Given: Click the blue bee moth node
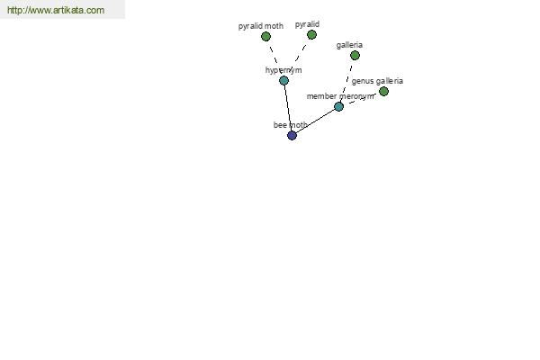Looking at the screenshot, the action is [292, 135].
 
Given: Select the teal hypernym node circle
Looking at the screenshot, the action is [283, 81].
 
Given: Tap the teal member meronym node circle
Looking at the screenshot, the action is [339, 107].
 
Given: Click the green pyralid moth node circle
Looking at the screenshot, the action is [265, 37].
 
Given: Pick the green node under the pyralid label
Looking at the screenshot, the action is [311, 35].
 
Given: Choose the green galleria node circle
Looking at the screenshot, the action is [355, 56].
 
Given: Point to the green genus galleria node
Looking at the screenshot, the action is [383, 91].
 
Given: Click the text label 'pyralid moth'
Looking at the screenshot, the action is [261, 26].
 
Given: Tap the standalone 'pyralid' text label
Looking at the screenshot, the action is [307, 24].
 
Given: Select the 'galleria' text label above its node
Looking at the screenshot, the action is [349, 45].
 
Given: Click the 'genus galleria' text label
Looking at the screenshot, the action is [377, 81].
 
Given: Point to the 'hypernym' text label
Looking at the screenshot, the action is [283, 70].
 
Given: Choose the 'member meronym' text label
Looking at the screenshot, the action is [340, 96].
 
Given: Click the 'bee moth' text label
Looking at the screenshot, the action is [291, 125].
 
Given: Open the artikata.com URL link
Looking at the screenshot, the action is [56, 10].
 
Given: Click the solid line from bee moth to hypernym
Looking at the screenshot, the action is [288, 108].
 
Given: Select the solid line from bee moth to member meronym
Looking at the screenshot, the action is [316, 121].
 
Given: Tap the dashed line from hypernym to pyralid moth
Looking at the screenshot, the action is [274, 58].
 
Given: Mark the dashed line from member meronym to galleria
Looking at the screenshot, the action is [347, 81].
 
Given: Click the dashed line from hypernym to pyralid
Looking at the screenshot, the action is [298, 58].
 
